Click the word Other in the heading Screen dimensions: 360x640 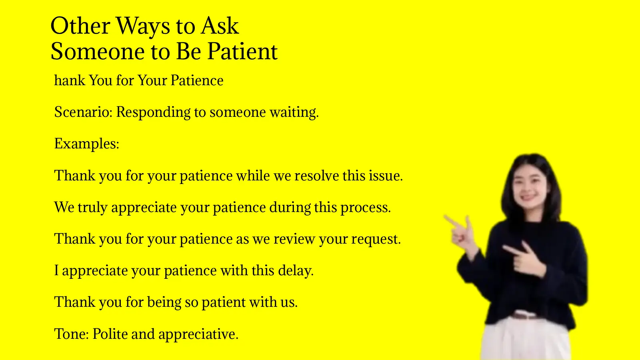tap(80, 26)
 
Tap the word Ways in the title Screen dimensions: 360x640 tap(143, 27)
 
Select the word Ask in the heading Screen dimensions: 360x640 tap(220, 26)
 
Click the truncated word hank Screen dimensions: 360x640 tap(70, 80)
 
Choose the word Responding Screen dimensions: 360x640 tap(153, 112)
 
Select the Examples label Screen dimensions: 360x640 tap(87, 144)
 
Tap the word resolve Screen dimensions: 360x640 tap(317, 176)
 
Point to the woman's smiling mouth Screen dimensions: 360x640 tap(528, 197)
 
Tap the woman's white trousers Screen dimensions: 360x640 tap(524, 340)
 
